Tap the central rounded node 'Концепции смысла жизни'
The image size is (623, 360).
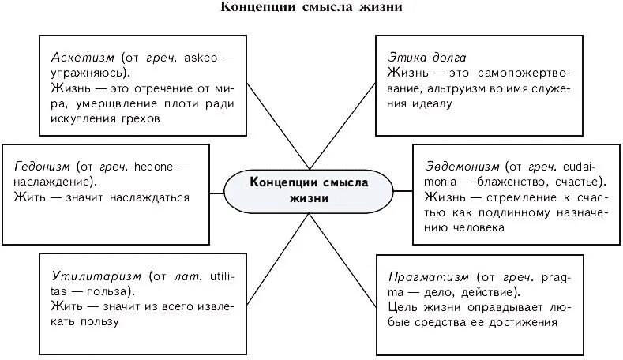[309, 189]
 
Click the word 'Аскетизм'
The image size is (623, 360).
[83, 58]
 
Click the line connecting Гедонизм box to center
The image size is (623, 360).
[218, 188]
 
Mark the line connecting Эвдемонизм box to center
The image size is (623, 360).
[402, 189]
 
